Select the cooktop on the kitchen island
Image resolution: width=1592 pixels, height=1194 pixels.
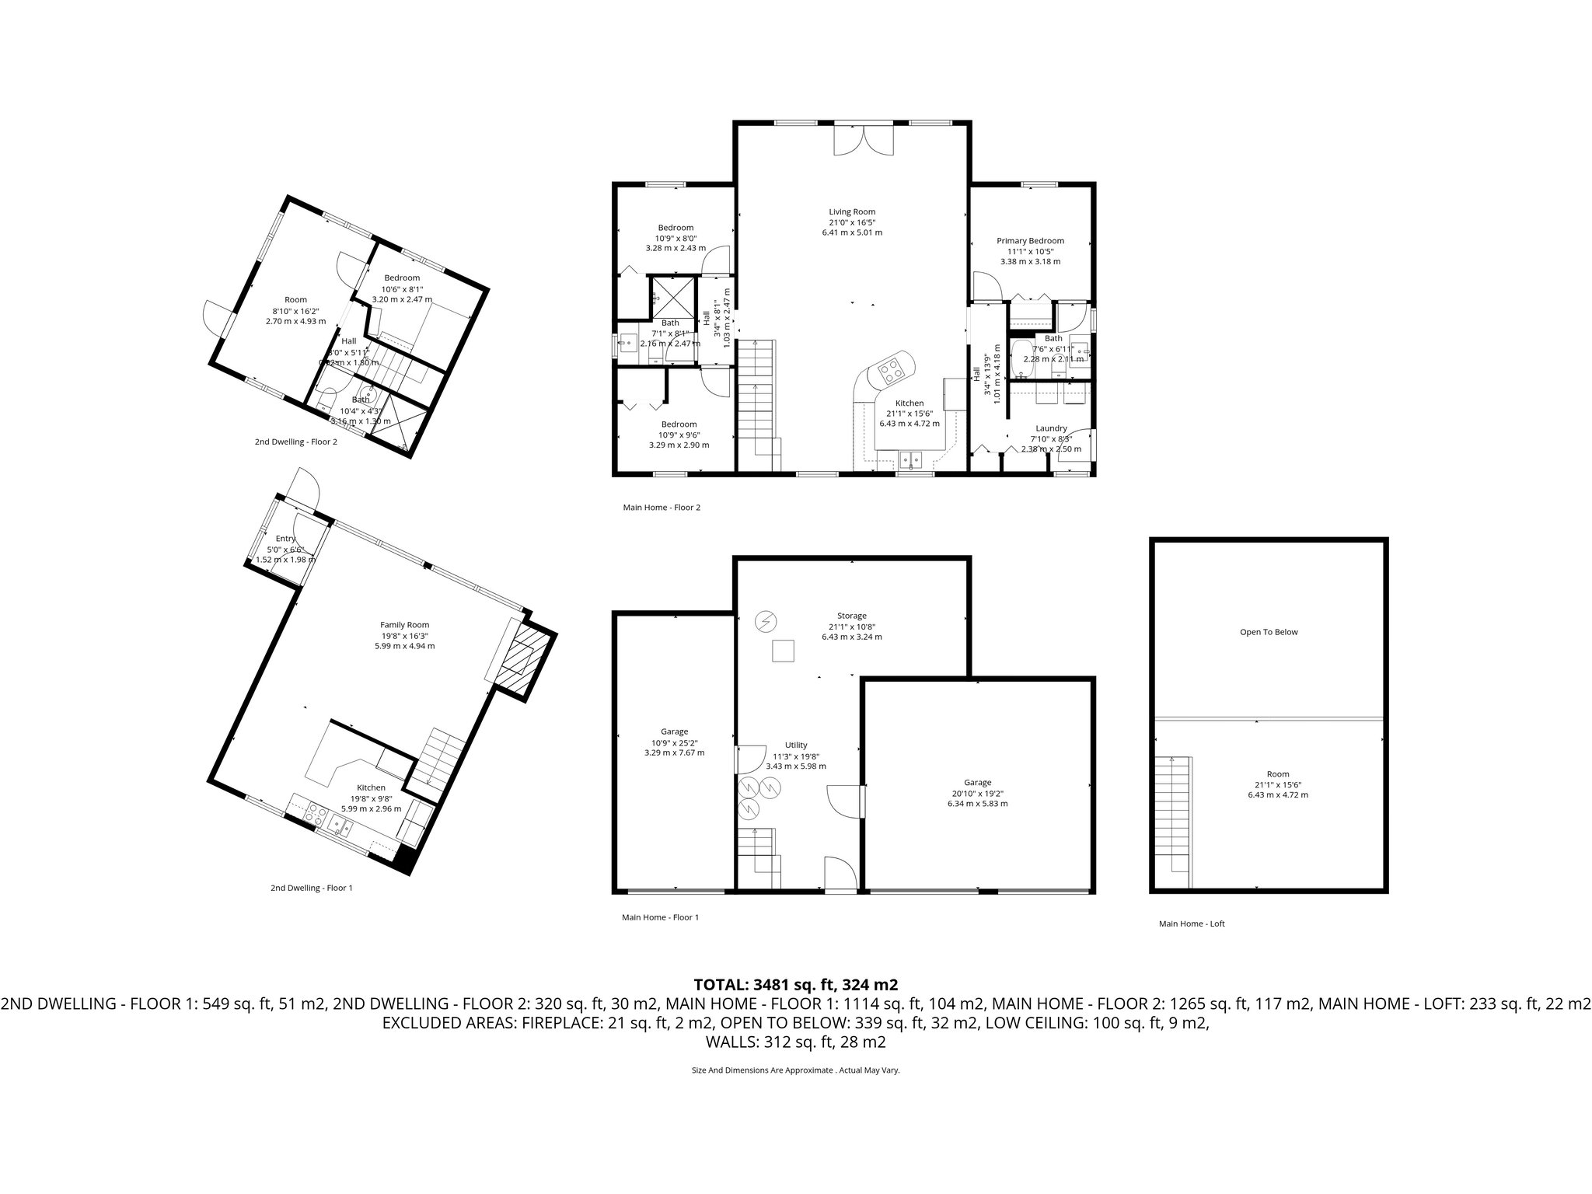tap(890, 371)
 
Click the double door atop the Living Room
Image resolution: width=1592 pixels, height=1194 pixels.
tap(864, 140)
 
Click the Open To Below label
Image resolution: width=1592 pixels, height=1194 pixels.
tap(1269, 632)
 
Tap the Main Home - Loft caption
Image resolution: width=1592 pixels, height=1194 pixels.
tap(1192, 923)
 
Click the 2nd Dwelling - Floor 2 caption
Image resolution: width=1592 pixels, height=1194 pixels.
tap(296, 442)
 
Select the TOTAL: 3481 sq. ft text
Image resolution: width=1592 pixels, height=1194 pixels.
tap(795, 984)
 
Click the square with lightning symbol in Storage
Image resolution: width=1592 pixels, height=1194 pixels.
tap(766, 621)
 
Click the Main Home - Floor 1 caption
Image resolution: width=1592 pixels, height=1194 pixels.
tap(660, 917)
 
